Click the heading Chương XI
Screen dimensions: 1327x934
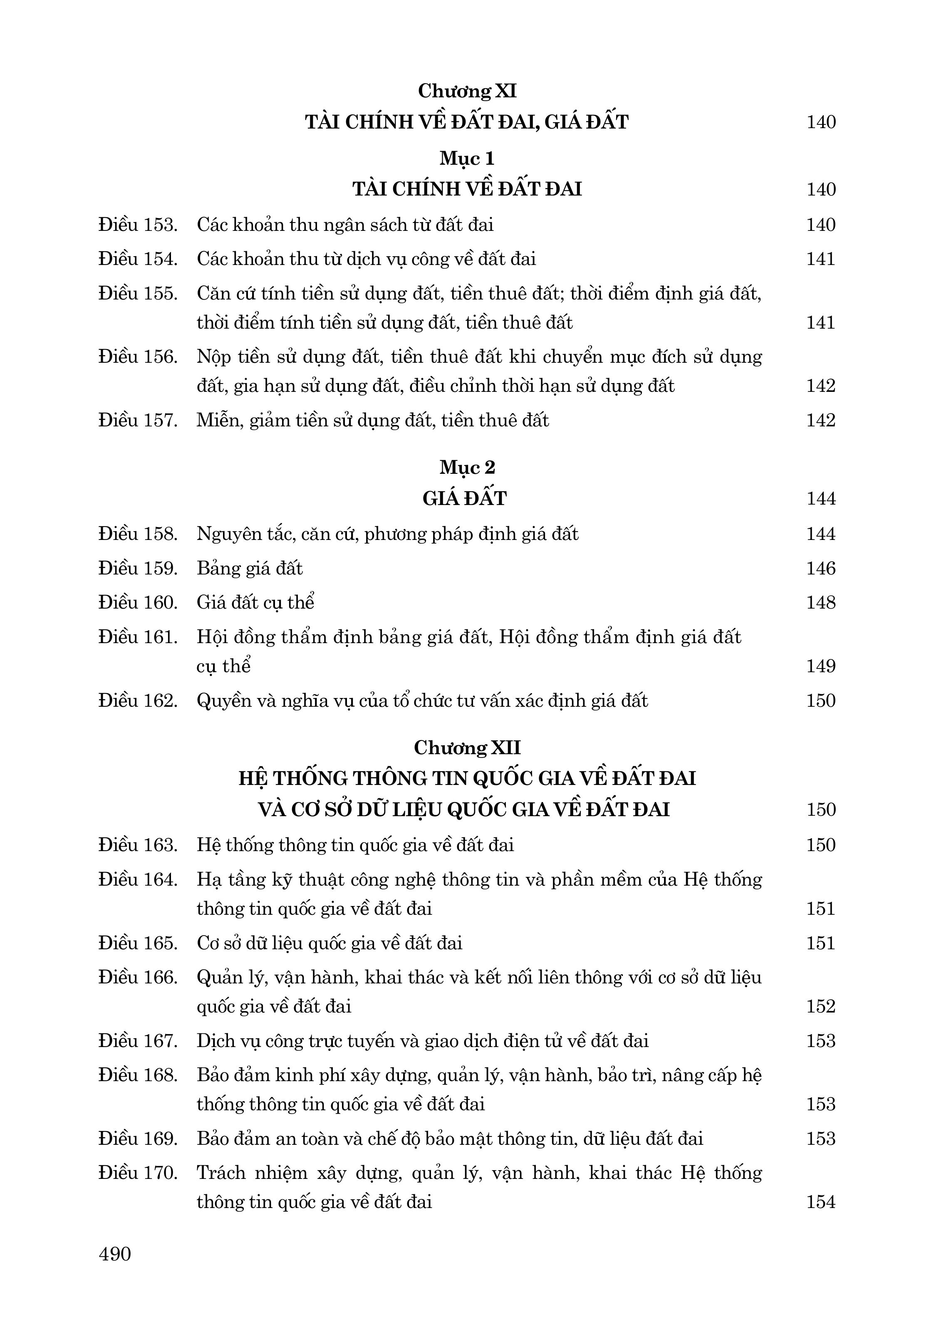click(467, 92)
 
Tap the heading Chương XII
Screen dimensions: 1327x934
click(467, 748)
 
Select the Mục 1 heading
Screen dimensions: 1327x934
click(467, 158)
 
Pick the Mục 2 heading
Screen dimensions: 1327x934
click(467, 467)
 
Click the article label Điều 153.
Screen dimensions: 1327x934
click(138, 225)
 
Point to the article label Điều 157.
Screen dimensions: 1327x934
click(138, 420)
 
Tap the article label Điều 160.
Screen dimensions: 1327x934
click(138, 603)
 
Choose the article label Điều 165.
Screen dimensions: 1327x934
click(138, 943)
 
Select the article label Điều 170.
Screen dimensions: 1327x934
click(138, 1173)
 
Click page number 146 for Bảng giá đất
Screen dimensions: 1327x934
click(821, 569)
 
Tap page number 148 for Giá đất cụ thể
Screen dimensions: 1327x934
click(821, 603)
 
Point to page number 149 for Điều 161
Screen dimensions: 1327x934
click(821, 666)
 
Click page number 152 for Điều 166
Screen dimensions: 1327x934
click(821, 1007)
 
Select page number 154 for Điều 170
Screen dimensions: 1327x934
click(821, 1202)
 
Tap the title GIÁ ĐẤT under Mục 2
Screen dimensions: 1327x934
click(465, 499)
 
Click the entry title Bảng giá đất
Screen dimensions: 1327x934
click(250, 569)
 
